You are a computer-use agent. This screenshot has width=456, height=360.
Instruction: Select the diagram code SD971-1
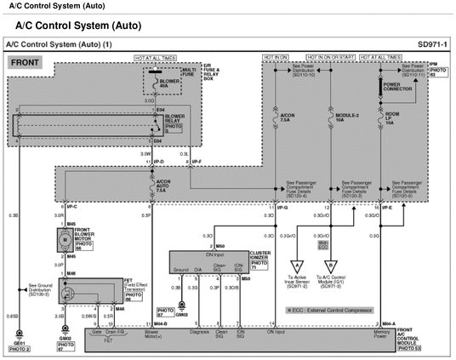433,43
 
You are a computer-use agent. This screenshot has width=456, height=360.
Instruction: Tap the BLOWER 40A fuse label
162,83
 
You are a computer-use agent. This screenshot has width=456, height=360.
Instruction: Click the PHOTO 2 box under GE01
19,349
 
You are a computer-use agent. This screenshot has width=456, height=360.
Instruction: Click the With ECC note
323,244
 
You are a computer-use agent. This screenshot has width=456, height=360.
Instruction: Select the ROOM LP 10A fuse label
391,120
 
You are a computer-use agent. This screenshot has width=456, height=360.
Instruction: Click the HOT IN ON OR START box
329,56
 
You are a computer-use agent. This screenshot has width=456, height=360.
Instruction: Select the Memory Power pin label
382,334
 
